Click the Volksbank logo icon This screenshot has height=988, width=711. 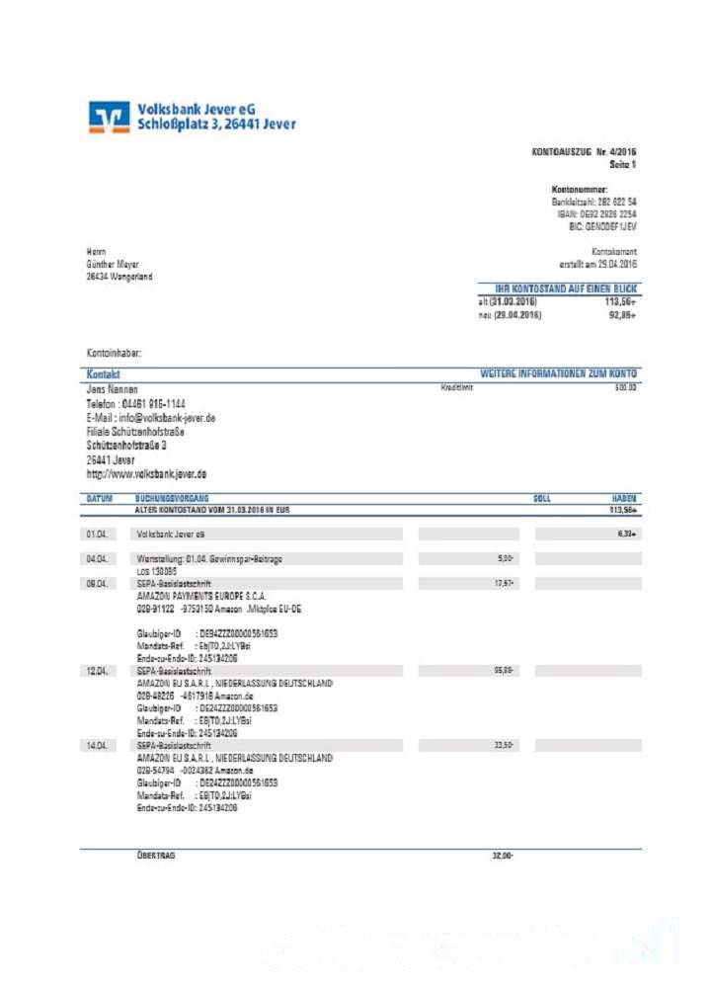coord(109,117)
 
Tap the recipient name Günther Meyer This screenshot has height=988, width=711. coord(113,264)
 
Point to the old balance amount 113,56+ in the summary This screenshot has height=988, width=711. coord(620,301)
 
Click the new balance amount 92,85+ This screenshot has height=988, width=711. coord(620,315)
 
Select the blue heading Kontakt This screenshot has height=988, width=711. coord(104,375)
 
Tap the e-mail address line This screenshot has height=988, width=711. coord(151,418)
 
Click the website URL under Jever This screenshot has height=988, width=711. coord(146,474)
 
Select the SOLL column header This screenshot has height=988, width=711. coord(542,499)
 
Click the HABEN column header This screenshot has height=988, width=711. coord(623,499)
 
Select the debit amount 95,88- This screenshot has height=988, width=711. coord(503,670)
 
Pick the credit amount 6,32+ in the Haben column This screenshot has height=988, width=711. coord(625,534)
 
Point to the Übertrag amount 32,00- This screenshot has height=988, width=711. coord(503,856)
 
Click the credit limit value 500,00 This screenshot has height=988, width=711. coord(625,388)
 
